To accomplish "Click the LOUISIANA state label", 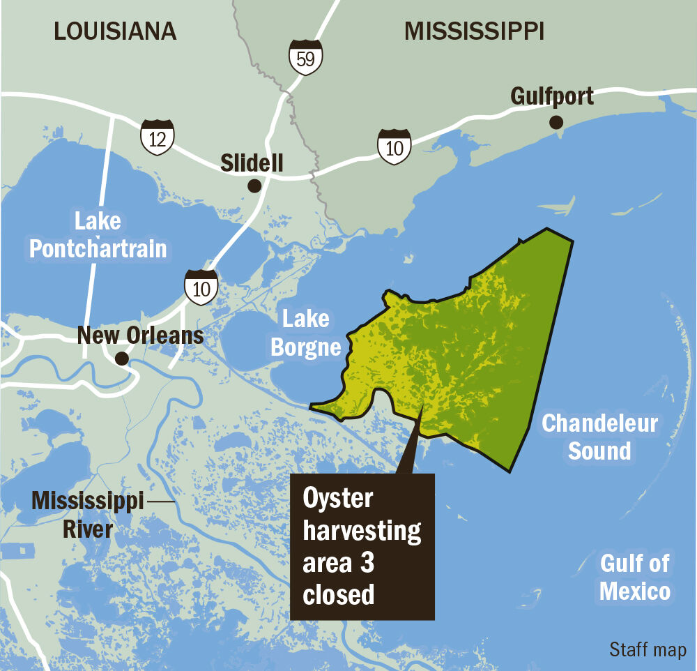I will tap(115, 31).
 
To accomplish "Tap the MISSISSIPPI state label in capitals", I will tap(474, 31).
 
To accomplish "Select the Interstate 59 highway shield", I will tap(305, 58).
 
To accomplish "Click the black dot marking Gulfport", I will tap(556, 123).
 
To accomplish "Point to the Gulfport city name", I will tap(552, 96).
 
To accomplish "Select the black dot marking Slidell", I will tap(254, 186).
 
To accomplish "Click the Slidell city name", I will tap(252, 163).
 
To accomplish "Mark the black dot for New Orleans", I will tap(122, 359).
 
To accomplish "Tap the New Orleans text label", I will tap(140, 335).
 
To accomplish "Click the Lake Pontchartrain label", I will tap(98, 235).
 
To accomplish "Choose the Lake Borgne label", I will tap(305, 333).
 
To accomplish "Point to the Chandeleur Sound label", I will tap(599, 437).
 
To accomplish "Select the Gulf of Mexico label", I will tap(634, 578).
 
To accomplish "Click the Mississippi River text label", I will tap(88, 515).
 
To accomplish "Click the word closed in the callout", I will tap(339, 595).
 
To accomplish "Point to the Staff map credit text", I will tap(648, 650).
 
